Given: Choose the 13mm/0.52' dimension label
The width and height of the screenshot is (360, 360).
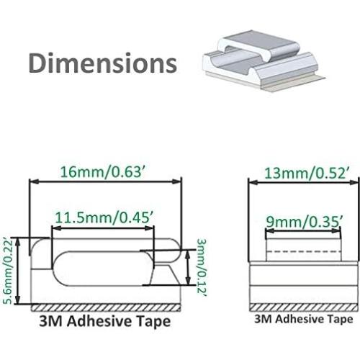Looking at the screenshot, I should click(x=299, y=172).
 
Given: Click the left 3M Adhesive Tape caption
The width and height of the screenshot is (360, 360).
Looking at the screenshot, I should click(x=105, y=320).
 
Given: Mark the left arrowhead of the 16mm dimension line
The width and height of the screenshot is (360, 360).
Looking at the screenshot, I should click(x=32, y=182).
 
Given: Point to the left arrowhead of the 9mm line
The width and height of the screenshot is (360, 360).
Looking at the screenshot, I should click(x=266, y=231).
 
